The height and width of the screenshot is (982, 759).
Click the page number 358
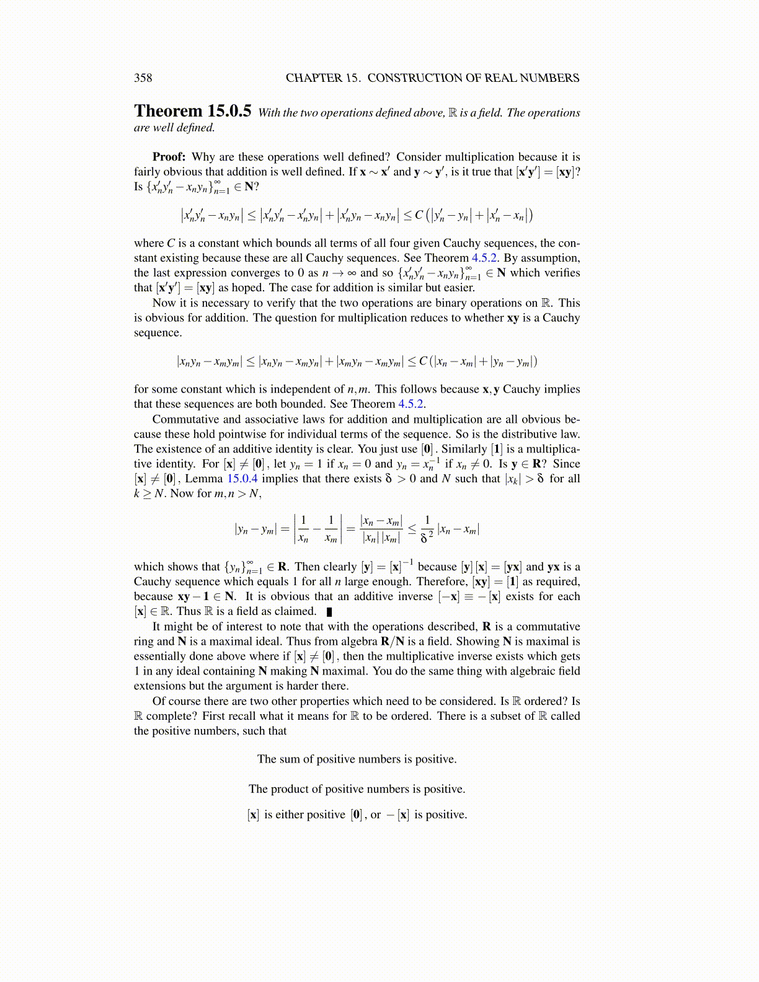(143, 78)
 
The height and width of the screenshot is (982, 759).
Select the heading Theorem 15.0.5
(192, 111)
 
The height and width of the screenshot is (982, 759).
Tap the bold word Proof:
(169, 157)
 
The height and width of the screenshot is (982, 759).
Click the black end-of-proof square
(329, 612)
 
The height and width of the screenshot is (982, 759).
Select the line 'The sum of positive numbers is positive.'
(357, 759)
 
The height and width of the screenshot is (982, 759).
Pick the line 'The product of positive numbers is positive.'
(357, 789)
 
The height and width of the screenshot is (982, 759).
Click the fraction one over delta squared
(427, 529)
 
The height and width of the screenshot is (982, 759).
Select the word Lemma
(204, 479)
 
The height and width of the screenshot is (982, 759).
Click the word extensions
(158, 686)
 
